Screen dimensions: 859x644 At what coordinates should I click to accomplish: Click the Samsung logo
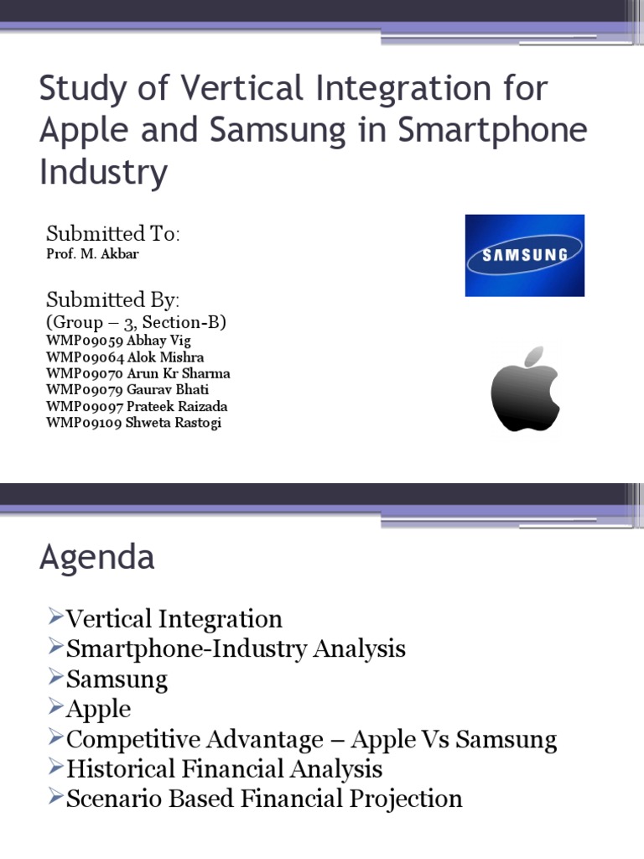coord(525,255)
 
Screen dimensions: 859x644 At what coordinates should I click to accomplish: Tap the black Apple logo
coord(525,388)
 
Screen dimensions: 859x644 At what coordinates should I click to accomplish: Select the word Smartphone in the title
coord(491,130)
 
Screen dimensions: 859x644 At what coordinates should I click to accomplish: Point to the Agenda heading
coord(96,557)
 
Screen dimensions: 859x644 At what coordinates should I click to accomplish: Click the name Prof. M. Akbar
coord(92,253)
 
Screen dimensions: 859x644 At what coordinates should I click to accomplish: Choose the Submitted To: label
coord(113,232)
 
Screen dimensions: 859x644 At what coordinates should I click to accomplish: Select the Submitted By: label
coord(113,299)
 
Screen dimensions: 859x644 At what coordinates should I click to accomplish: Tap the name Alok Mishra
coord(165,357)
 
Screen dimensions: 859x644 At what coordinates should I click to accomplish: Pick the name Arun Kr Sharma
coord(178,373)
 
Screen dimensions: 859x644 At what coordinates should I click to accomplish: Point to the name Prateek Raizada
coord(179,406)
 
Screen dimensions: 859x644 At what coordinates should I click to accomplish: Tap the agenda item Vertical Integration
coord(174,619)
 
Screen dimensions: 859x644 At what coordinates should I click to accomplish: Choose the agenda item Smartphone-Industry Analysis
coord(236,648)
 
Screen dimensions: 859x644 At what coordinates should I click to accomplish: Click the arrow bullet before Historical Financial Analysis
coord(55,768)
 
